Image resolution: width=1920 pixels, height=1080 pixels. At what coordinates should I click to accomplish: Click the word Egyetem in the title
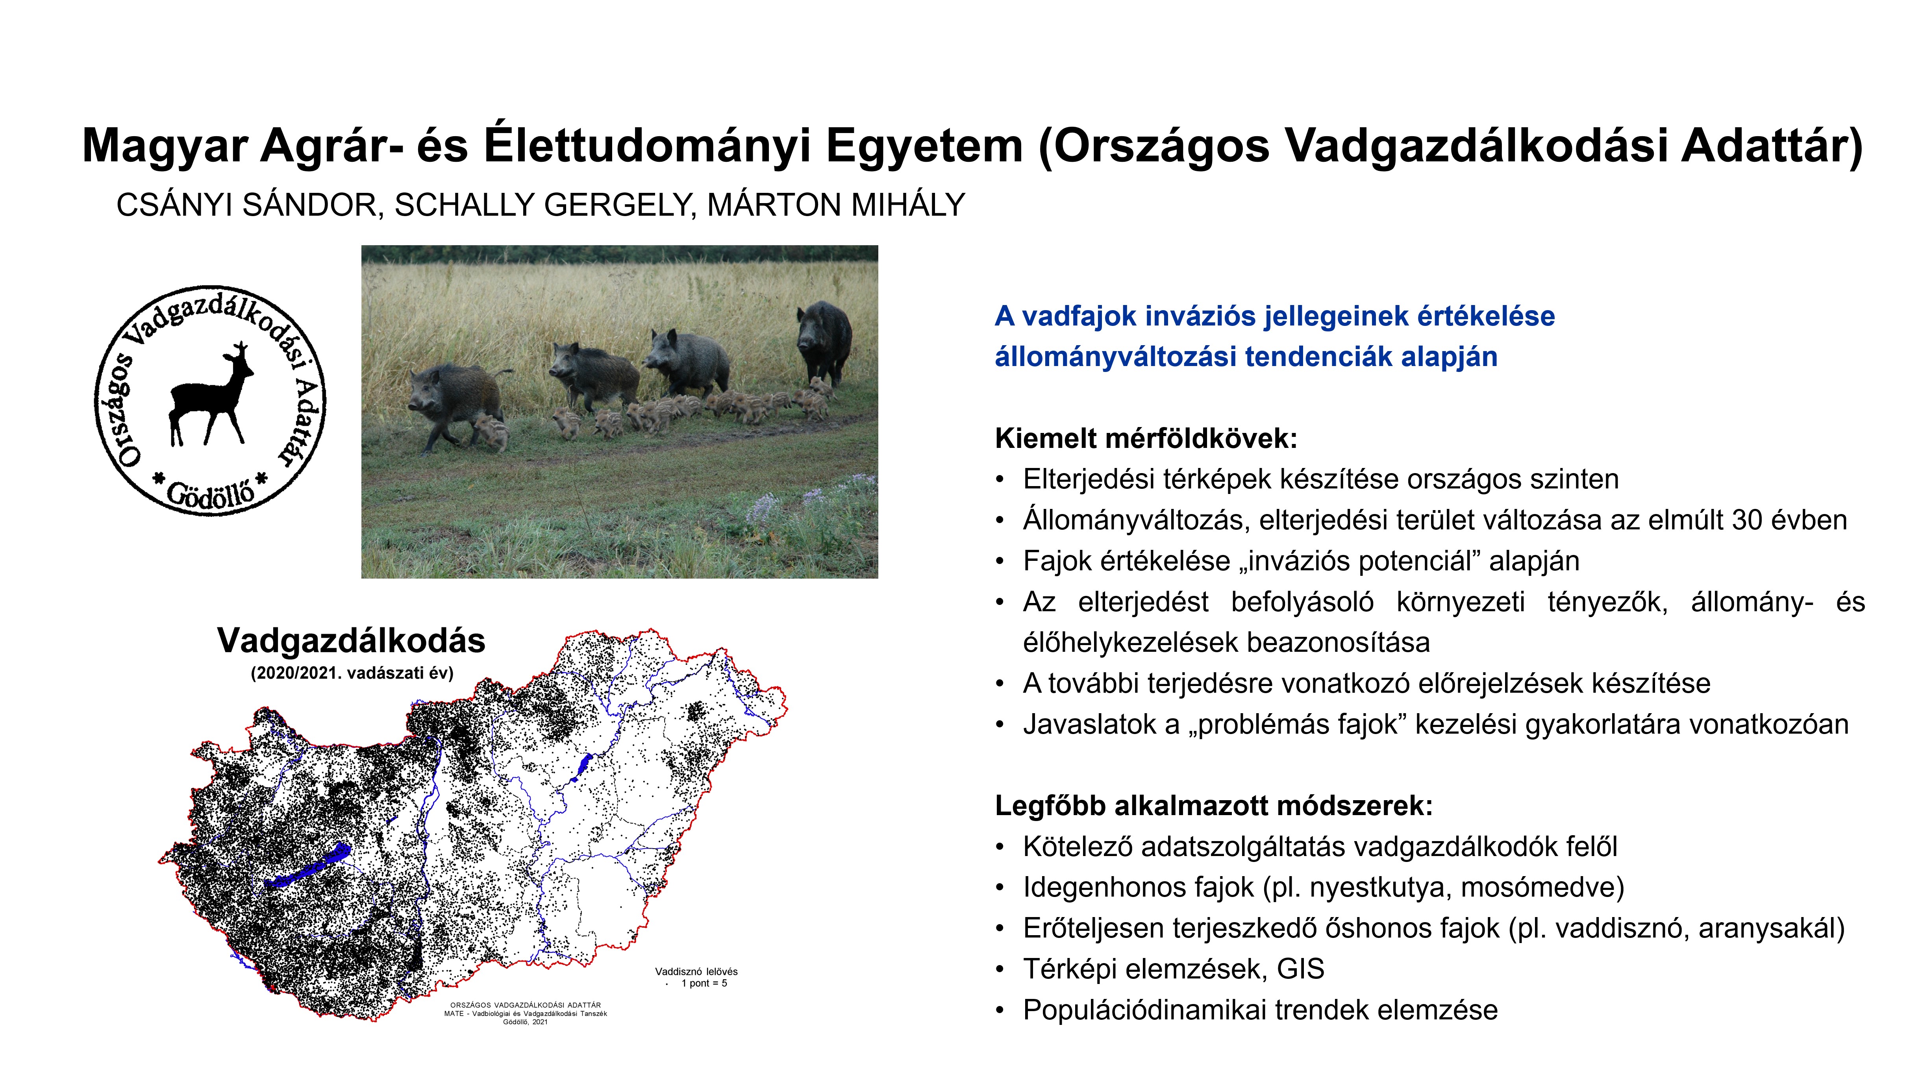pyautogui.click(x=924, y=146)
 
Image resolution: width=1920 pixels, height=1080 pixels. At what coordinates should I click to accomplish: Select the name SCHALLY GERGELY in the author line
pyautogui.click(x=546, y=205)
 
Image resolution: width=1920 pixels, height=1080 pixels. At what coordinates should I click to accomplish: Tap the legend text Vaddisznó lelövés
pyautogui.click(x=696, y=971)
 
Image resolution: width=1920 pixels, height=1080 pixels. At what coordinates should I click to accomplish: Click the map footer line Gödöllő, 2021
pyautogui.click(x=526, y=1022)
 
